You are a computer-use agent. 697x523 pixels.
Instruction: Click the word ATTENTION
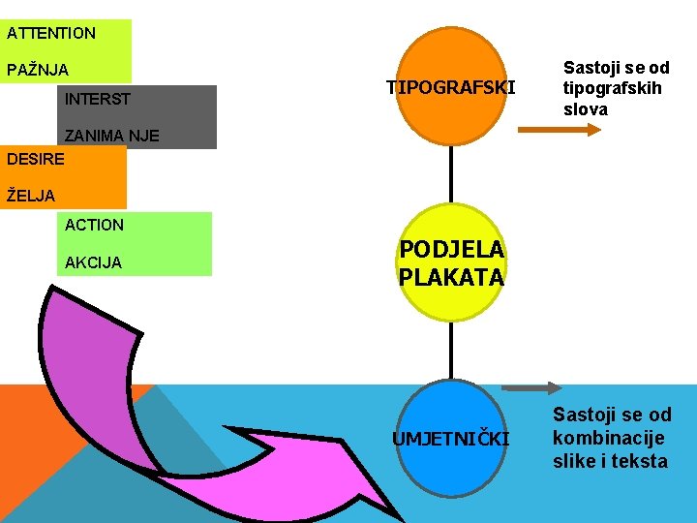(x=51, y=33)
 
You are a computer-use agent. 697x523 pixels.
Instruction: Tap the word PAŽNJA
(x=38, y=70)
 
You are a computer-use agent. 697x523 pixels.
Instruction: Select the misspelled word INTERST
(x=97, y=99)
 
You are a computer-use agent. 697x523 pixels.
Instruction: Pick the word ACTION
(x=94, y=225)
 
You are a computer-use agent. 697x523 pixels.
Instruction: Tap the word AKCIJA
(x=93, y=262)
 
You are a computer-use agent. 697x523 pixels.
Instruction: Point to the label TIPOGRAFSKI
(x=451, y=88)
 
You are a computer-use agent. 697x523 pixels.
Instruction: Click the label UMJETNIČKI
(x=450, y=439)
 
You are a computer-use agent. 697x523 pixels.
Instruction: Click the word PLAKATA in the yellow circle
(x=451, y=277)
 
